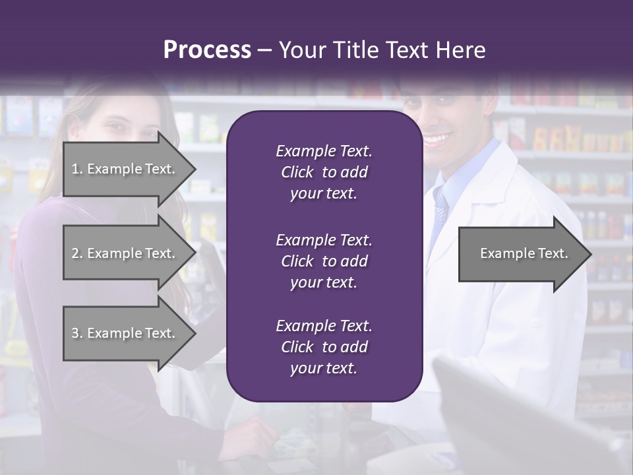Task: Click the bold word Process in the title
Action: click(x=207, y=50)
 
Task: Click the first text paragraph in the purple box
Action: click(x=324, y=172)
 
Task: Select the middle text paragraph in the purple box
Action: click(x=324, y=261)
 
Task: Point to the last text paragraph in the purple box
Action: click(x=324, y=347)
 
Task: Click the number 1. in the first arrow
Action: click(x=77, y=169)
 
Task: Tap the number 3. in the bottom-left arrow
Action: click(x=77, y=333)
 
